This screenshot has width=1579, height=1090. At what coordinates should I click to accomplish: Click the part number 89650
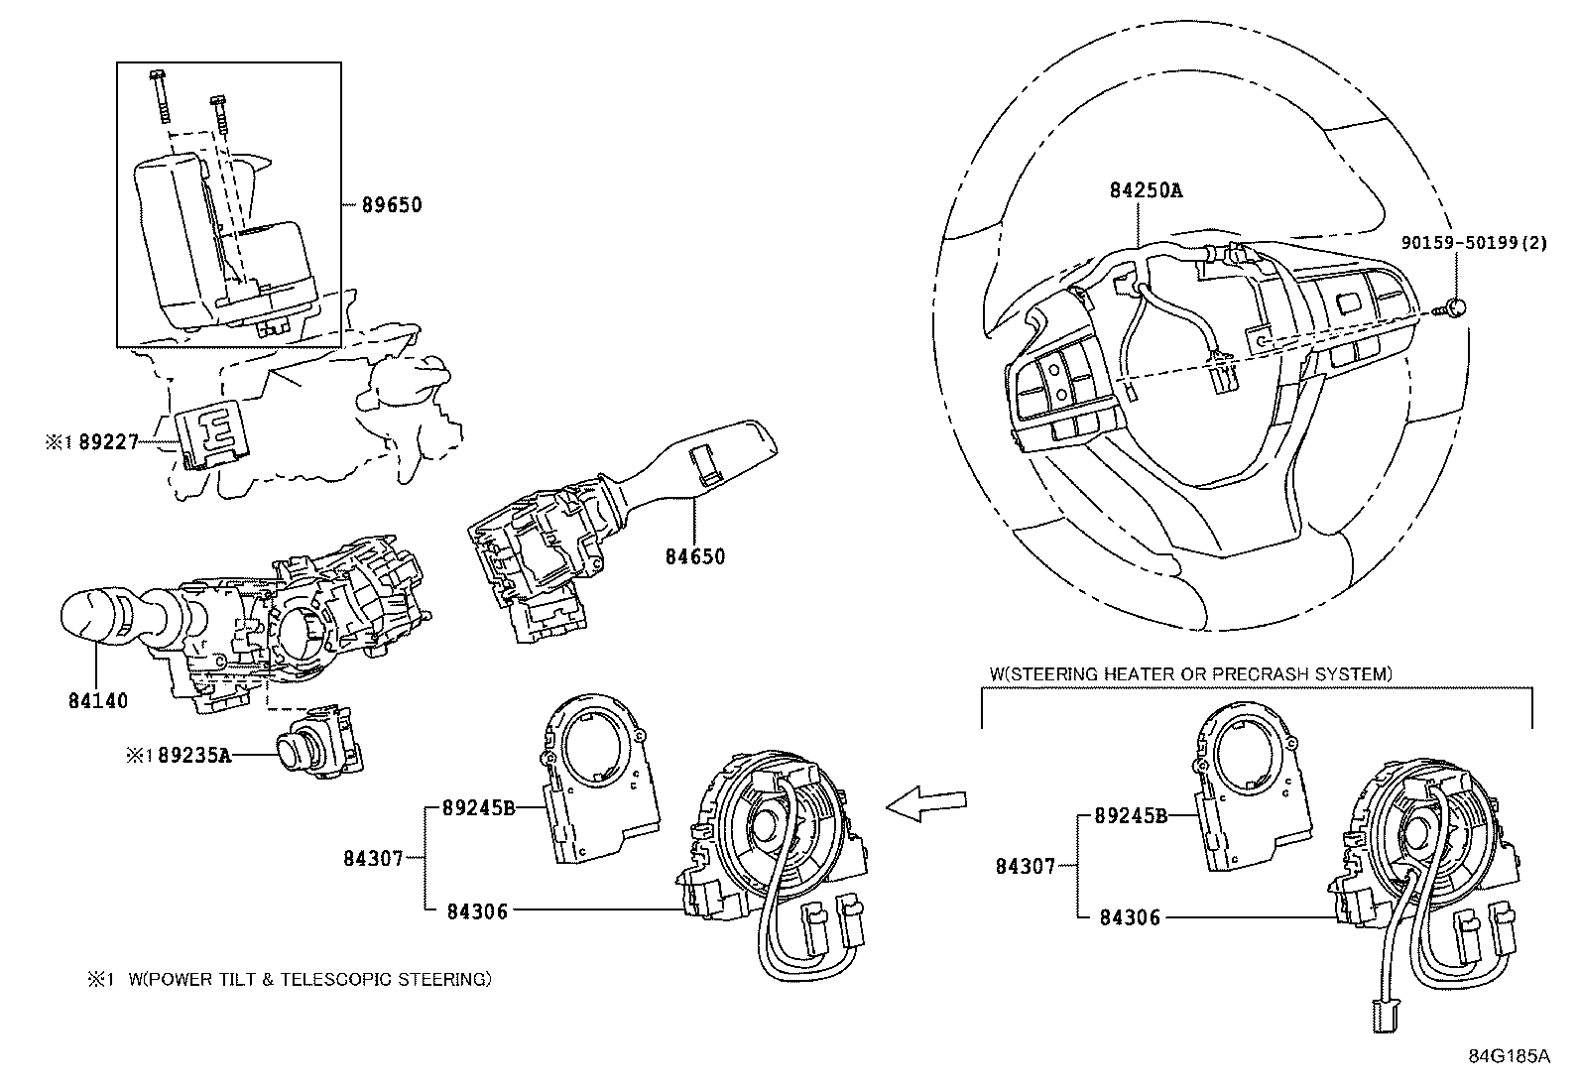pos(391,205)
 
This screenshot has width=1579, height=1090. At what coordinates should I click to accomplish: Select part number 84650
pos(694,556)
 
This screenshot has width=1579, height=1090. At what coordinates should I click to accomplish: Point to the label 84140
pos(98,701)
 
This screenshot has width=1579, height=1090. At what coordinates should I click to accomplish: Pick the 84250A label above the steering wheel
pos(1146,190)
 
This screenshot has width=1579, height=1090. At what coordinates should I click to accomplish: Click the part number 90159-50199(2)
pos(1472,242)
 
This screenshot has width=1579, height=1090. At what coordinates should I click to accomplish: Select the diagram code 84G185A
pos(1509,1056)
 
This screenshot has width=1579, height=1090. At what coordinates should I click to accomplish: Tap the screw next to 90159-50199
pos(1453,308)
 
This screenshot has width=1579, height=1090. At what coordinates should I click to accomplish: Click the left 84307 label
pos(373,858)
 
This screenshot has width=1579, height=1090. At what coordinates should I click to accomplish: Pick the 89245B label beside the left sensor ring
pos(480,808)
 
